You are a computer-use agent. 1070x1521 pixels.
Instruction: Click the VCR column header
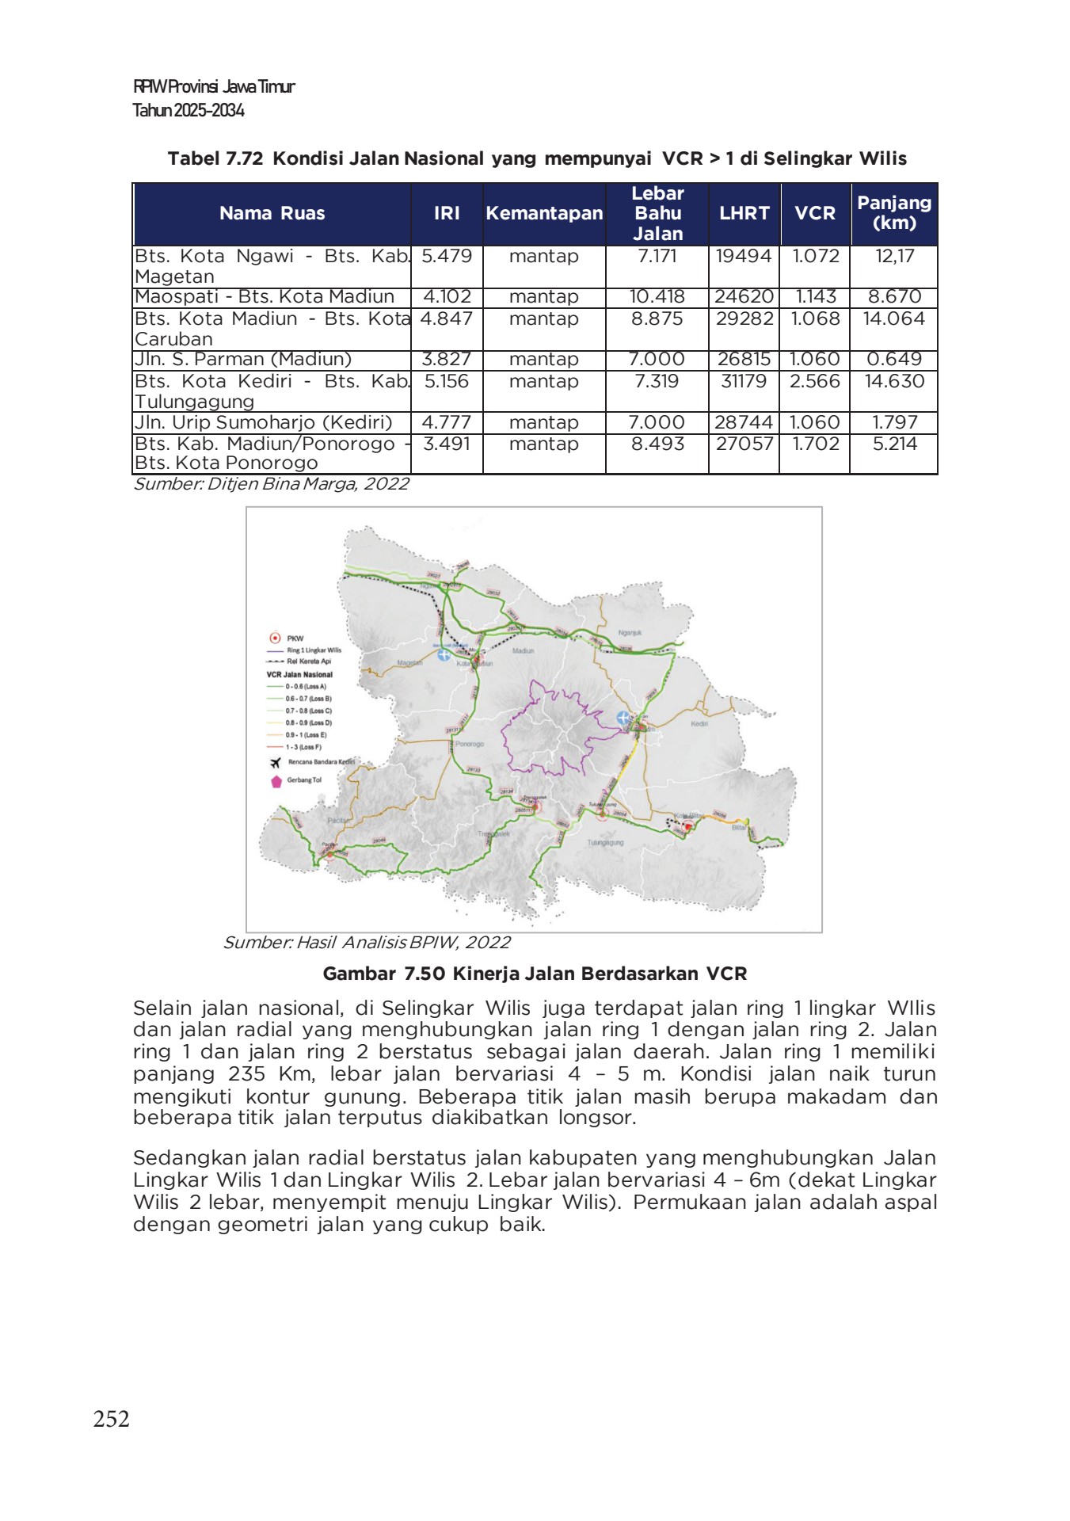pos(814,213)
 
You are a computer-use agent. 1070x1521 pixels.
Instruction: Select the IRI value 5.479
pos(447,257)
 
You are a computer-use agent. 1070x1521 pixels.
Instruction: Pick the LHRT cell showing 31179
pos(744,382)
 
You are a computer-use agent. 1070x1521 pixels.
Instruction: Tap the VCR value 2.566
pos(814,382)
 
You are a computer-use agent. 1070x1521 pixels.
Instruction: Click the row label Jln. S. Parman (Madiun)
pos(243,360)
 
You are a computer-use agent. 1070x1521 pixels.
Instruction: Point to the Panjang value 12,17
pos(894,257)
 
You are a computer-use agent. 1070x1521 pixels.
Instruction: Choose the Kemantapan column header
pos(544,213)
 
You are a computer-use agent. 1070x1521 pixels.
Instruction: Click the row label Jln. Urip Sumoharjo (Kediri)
pos(264,422)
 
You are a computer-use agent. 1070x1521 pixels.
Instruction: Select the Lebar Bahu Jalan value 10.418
pos(657,297)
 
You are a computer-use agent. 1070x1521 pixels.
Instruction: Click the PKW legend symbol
pos(275,638)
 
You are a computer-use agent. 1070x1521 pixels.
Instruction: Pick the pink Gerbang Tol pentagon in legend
pos(276,782)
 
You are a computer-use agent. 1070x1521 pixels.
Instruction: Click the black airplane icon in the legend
pos(275,763)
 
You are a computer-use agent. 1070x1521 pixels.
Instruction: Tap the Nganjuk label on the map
pos(630,633)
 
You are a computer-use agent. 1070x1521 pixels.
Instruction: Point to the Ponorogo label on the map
pos(470,744)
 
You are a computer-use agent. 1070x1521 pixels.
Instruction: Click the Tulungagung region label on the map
pos(605,843)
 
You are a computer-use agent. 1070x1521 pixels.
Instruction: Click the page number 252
pos(111,1418)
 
